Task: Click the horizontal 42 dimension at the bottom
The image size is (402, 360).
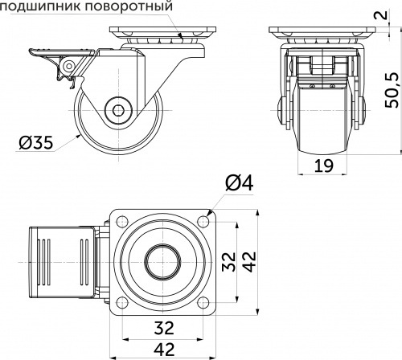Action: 163,350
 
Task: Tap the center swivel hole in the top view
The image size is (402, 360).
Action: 163,262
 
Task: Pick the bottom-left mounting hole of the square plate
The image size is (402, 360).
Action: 121,304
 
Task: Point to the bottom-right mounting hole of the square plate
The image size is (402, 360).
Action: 206,304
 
